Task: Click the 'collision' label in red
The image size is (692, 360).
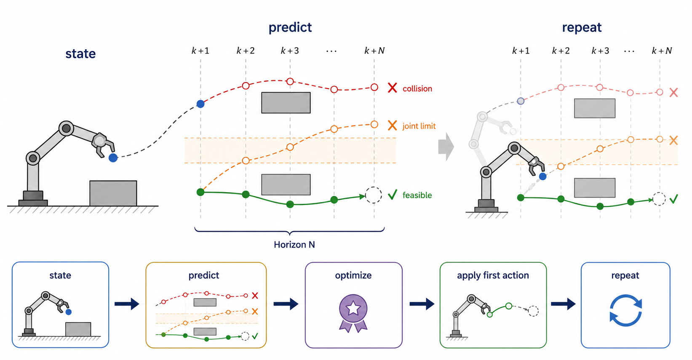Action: pyautogui.click(x=417, y=88)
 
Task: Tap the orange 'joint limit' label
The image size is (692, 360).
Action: pyautogui.click(x=419, y=126)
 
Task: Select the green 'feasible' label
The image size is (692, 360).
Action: pyautogui.click(x=417, y=195)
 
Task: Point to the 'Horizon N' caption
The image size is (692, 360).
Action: pyautogui.click(x=294, y=245)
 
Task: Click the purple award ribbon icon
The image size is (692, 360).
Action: pyautogui.click(x=353, y=313)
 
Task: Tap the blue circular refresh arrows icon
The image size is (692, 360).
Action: pyautogui.click(x=625, y=310)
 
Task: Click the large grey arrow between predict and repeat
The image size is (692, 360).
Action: pyautogui.click(x=446, y=147)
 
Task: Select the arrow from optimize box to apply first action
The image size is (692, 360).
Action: pyautogui.click(x=422, y=304)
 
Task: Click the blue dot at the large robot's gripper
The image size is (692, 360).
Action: pyautogui.click(x=113, y=158)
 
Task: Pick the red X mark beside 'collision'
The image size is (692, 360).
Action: pyautogui.click(x=393, y=88)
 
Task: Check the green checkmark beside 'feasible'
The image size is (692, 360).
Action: pyautogui.click(x=393, y=195)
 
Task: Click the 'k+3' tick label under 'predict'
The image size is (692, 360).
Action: pyautogui.click(x=290, y=51)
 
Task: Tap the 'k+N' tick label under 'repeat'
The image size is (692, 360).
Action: pyautogui.click(x=662, y=51)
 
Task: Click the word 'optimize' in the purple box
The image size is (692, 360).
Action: pyautogui.click(x=353, y=275)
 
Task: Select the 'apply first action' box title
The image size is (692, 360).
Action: pyautogui.click(x=493, y=275)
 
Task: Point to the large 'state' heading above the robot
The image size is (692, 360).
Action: pyautogui.click(x=80, y=54)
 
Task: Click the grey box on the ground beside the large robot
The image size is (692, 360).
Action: pyautogui.click(x=113, y=193)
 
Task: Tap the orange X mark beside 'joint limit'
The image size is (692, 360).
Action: pyautogui.click(x=393, y=125)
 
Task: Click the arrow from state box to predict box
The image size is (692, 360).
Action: pyautogui.click(x=127, y=304)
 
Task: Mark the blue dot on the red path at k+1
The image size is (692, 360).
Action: pyautogui.click(x=200, y=104)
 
